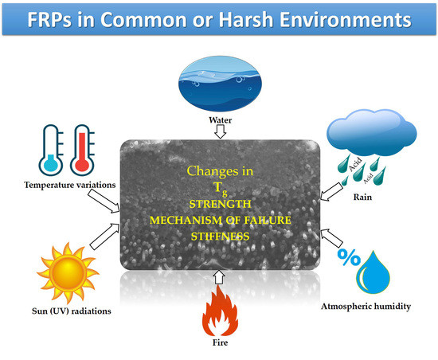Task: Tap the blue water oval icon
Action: pyautogui.click(x=220, y=84)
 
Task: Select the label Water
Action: pyautogui.click(x=220, y=120)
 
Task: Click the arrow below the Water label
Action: pyautogui.click(x=220, y=131)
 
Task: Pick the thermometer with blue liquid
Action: pyautogui.click(x=51, y=150)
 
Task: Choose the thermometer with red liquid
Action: pyautogui.click(x=82, y=150)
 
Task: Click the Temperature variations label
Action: pyautogui.click(x=69, y=185)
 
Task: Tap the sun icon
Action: pyautogui.click(x=68, y=273)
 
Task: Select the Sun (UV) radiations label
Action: pyautogui.click(x=71, y=311)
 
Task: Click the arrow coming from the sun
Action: pyautogui.click(x=105, y=236)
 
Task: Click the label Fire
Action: pyautogui.click(x=220, y=342)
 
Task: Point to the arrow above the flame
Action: pyautogui.click(x=219, y=277)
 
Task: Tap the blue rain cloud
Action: pyautogui.click(x=372, y=132)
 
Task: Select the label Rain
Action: pyautogui.click(x=362, y=198)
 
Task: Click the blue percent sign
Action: pyautogui.click(x=349, y=257)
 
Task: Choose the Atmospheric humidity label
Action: pyautogui.click(x=366, y=307)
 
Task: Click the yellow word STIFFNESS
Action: pyautogui.click(x=220, y=237)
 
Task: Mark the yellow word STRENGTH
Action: pyautogui.click(x=220, y=204)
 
